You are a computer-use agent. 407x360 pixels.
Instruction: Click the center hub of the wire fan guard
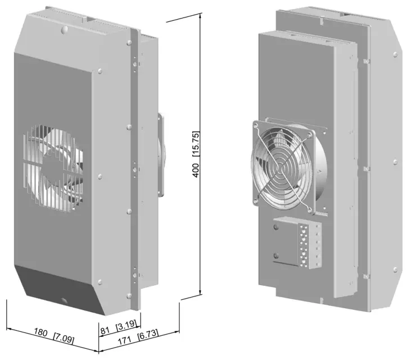(x=281, y=166)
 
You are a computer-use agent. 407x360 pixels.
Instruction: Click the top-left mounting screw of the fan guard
(x=256, y=125)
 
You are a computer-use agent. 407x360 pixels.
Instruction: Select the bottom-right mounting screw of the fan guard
(x=310, y=209)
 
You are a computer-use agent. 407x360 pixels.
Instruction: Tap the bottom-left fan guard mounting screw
(x=257, y=201)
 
